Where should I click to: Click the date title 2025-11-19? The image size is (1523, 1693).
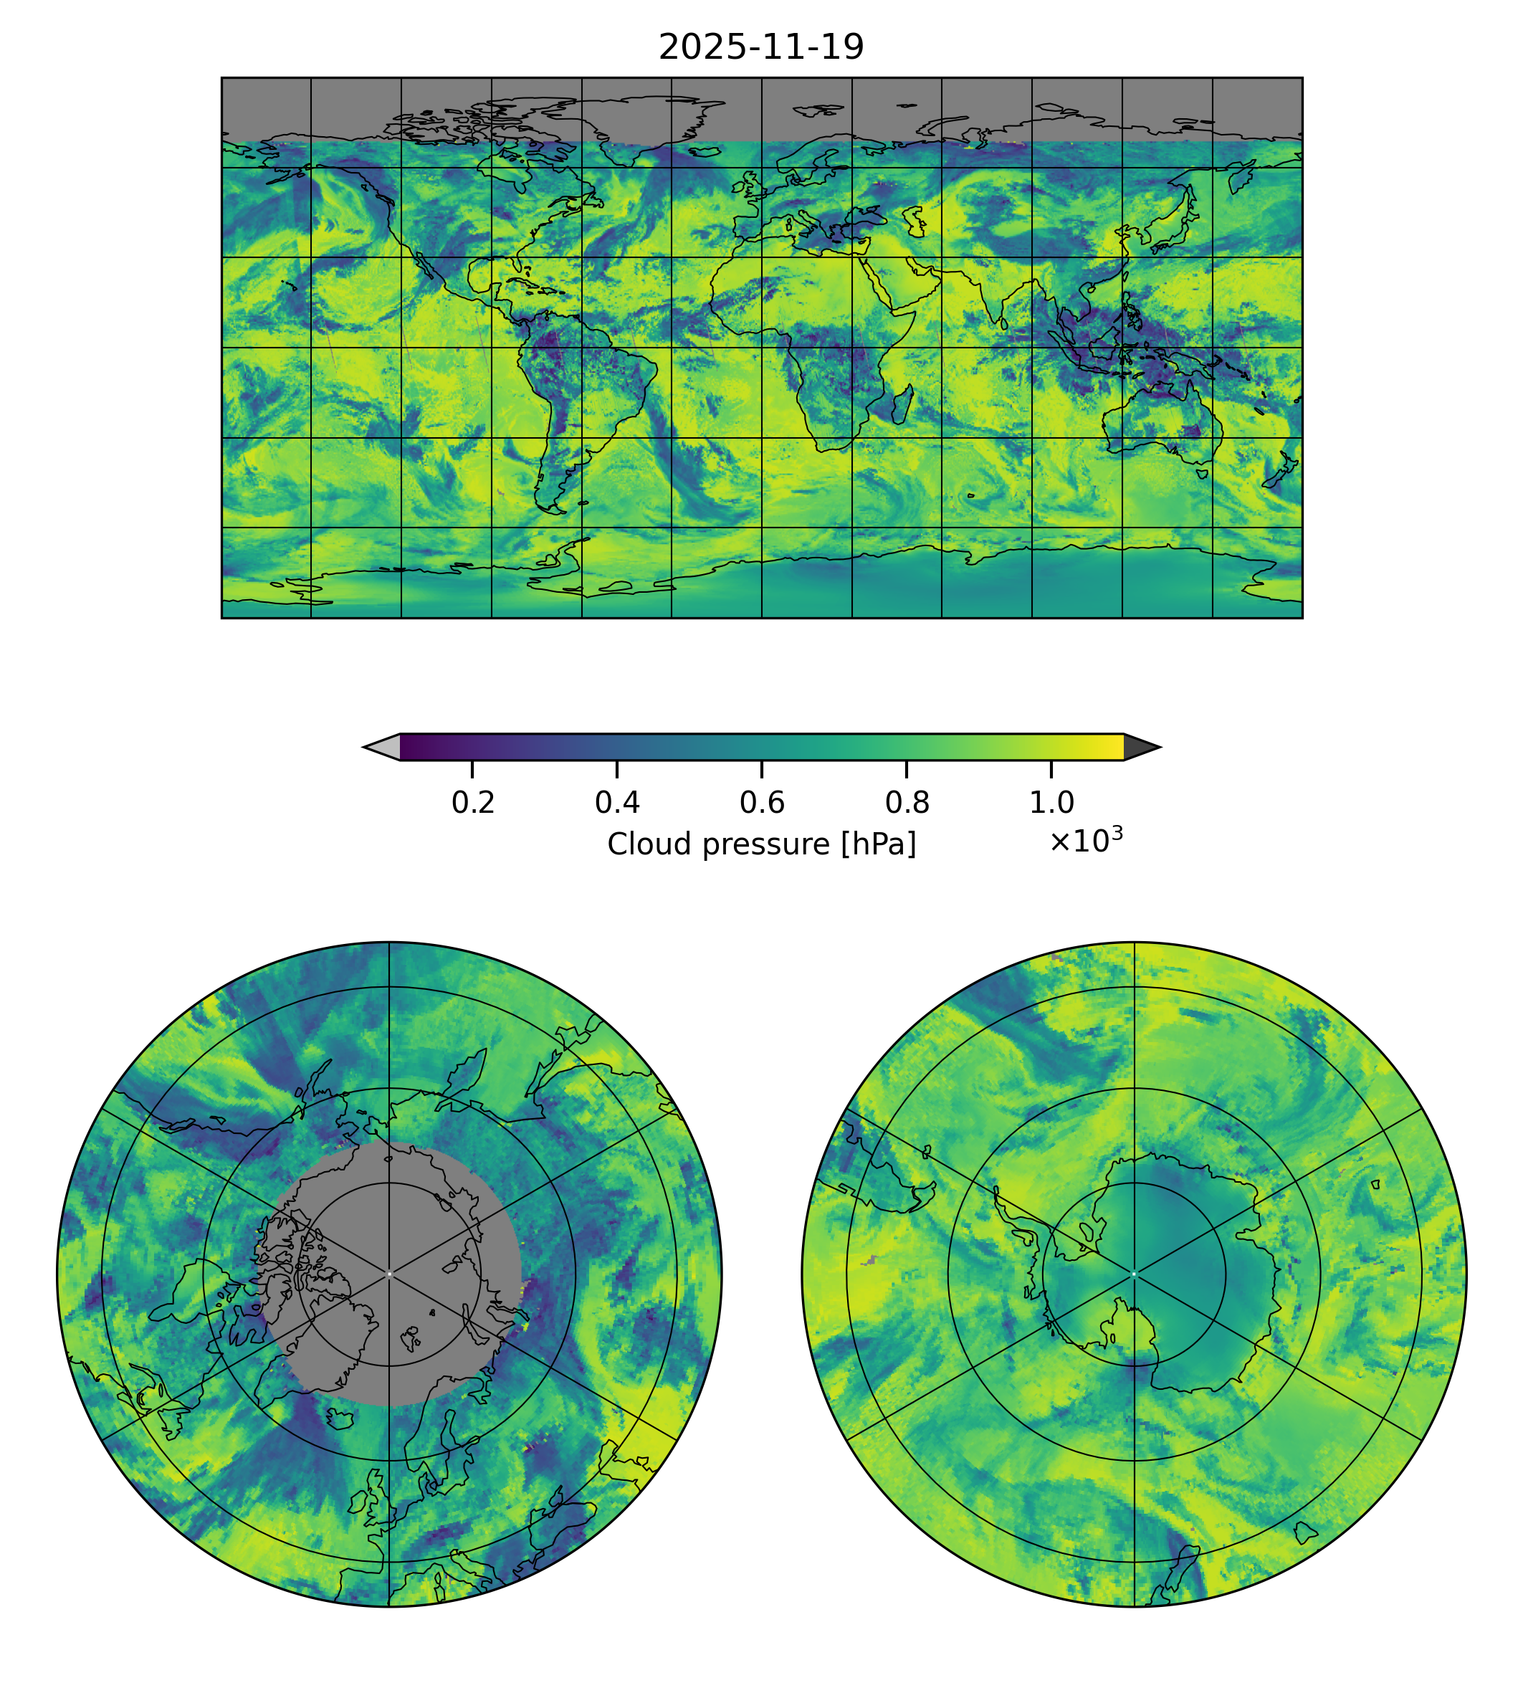pos(760,48)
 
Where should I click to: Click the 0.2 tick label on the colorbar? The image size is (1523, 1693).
pos(473,803)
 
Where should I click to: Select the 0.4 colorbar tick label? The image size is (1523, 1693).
pos(617,803)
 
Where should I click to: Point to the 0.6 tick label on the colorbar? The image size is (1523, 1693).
pos(761,803)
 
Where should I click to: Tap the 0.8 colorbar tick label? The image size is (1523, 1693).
pos(906,803)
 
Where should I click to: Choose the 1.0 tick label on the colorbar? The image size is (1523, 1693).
pos(1051,803)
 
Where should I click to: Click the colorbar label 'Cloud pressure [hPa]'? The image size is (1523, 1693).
pos(761,844)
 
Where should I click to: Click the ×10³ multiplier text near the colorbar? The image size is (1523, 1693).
pos(1085,841)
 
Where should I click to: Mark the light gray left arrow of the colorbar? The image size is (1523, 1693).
pos(383,748)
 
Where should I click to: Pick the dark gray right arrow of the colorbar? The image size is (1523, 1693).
pos(1140,748)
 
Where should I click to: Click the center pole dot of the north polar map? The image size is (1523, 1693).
pos(389,1274)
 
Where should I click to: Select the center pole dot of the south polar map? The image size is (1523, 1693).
pos(1134,1274)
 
